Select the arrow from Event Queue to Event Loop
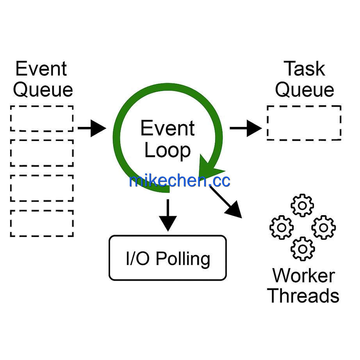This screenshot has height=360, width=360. pos(92,128)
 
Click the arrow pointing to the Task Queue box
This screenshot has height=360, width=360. pos(246,128)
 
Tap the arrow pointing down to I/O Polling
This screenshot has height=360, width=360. pos(168,215)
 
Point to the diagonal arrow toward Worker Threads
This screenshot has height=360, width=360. pos(226,202)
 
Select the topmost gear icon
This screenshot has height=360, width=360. pos(302,205)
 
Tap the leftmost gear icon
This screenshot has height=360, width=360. pos(282,228)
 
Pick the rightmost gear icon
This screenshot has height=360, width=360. pos(324,228)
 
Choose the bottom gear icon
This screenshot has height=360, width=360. pos(303,249)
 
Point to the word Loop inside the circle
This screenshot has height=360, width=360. pos(168,151)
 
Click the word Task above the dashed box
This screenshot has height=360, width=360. pos(305,68)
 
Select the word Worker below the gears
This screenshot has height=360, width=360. pos(304,275)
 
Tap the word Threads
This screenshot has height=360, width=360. pos(303,295)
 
